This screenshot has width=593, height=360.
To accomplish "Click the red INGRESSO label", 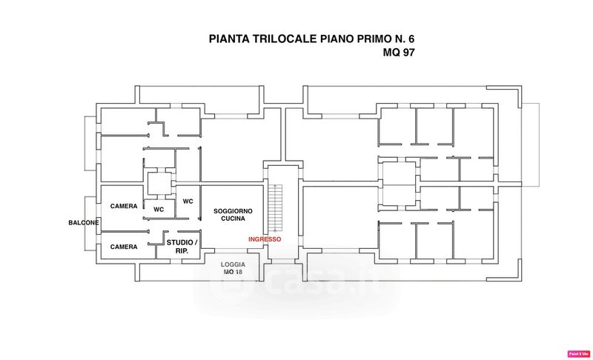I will pyautogui.click(x=265, y=239).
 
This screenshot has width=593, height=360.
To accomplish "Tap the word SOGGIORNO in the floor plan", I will pyautogui.click(x=233, y=212).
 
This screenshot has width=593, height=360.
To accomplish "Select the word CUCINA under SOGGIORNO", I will pyautogui.click(x=233, y=220).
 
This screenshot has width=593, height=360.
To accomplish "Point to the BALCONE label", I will pyautogui.click(x=83, y=222).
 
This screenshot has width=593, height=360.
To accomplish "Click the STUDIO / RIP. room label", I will pyautogui.click(x=182, y=247).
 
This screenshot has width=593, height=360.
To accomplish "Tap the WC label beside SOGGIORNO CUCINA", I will pyautogui.click(x=188, y=201).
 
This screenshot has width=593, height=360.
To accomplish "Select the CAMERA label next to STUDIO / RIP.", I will pyautogui.click(x=124, y=247).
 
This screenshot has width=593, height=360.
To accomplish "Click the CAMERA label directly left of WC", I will pyautogui.click(x=124, y=206).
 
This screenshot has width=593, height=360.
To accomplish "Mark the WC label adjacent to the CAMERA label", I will pyautogui.click(x=159, y=209).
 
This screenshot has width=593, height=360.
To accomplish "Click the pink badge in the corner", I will pyautogui.click(x=577, y=353).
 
